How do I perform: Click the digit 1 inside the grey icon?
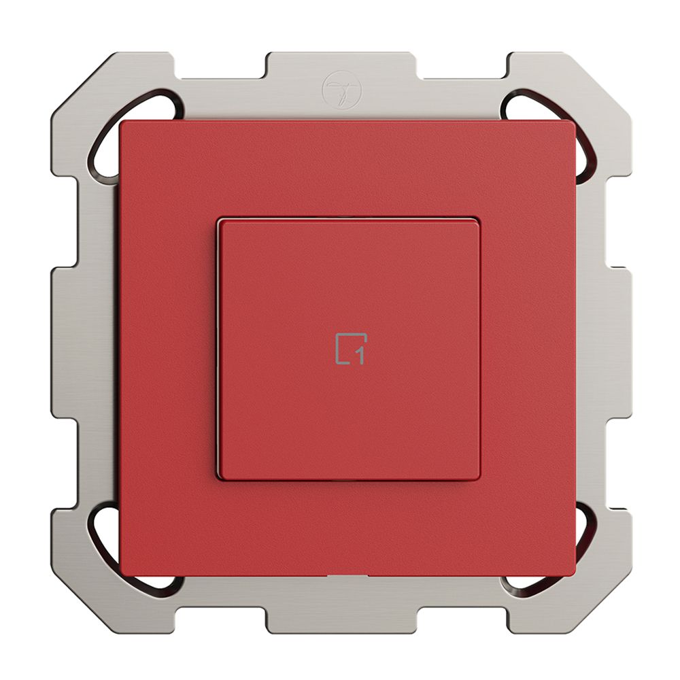[360, 355]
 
